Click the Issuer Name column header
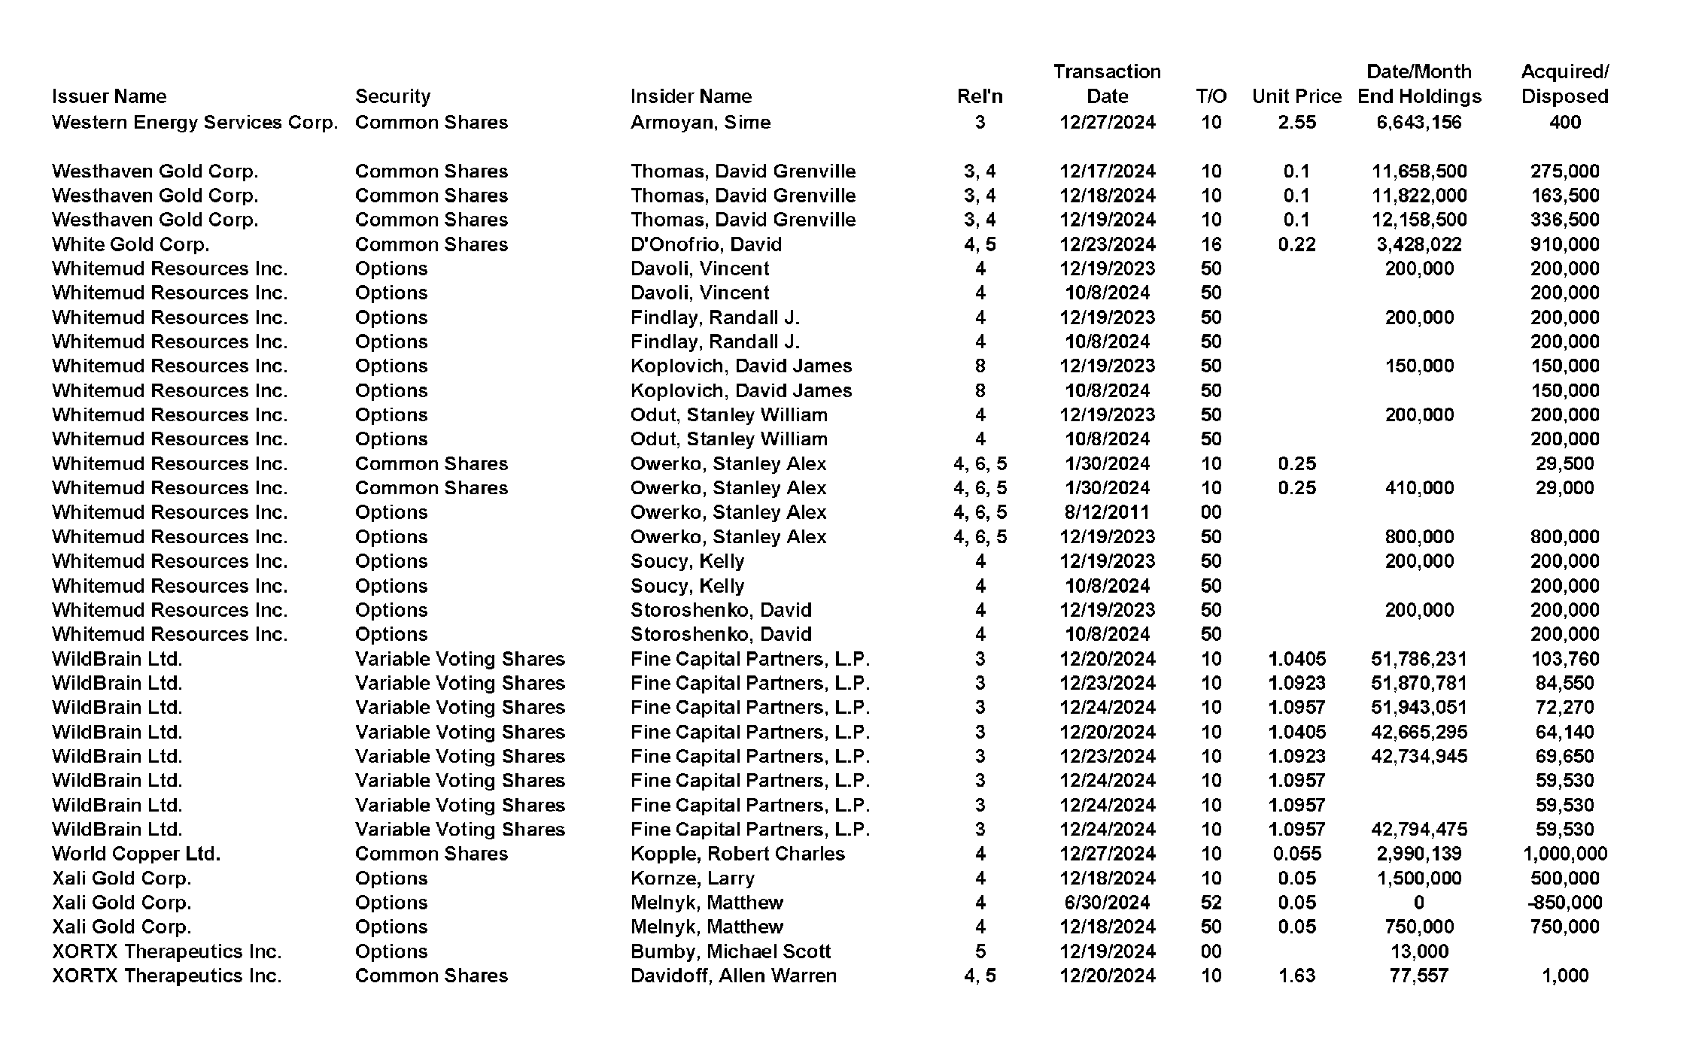coord(109,96)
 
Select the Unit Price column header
coord(1296,96)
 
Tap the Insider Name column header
coord(691,96)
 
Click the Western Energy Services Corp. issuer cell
coord(195,122)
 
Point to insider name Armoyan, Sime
coord(701,122)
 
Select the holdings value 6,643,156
coord(1418,122)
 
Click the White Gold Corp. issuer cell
coord(131,244)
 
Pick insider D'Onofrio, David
coord(706,244)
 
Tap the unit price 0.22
coord(1296,244)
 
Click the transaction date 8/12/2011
coord(1107,512)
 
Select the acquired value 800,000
coord(1564,537)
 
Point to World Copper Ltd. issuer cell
coord(136,854)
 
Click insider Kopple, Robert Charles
coord(737,854)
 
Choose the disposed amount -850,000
coord(1564,903)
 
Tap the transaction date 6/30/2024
coord(1107,903)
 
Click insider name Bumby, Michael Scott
coord(731,951)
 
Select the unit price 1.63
coord(1296,976)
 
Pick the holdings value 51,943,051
coord(1418,707)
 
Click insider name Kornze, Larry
coord(692,879)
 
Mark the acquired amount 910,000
coord(1564,244)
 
